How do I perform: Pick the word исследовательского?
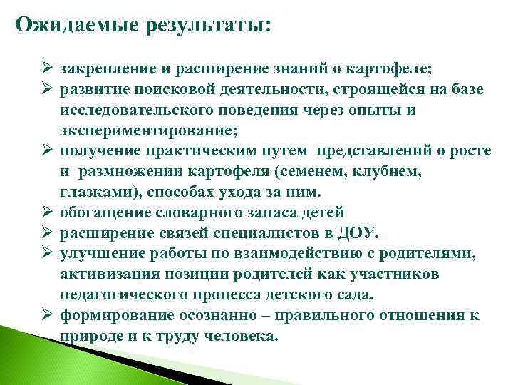[143, 111]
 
